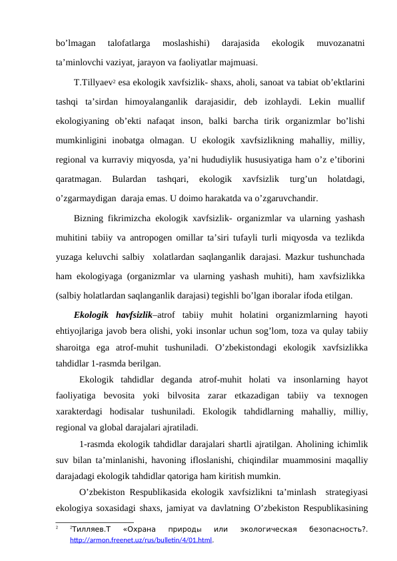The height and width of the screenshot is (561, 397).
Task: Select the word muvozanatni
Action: pos(340,43)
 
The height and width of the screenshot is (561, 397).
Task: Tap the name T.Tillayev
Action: pos(96,83)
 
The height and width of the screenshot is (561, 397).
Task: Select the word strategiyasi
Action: pos(346,494)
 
